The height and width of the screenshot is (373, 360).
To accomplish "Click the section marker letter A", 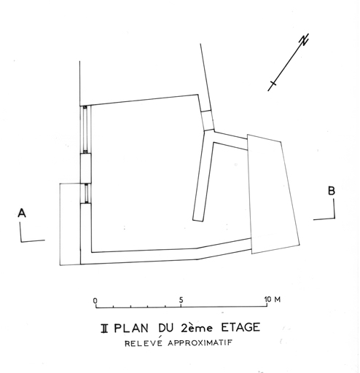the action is click(22, 213).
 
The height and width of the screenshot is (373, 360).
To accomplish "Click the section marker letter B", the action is click(332, 191).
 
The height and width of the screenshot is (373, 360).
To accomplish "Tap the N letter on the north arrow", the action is click(305, 39).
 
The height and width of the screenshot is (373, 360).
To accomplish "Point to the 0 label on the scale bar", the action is click(95, 301).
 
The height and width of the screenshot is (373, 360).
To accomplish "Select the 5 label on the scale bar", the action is click(181, 300).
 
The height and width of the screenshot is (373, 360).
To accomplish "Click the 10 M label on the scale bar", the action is click(273, 299).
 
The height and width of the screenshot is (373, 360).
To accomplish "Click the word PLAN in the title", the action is click(131, 328).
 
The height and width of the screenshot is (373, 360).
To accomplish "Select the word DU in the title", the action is click(166, 328).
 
